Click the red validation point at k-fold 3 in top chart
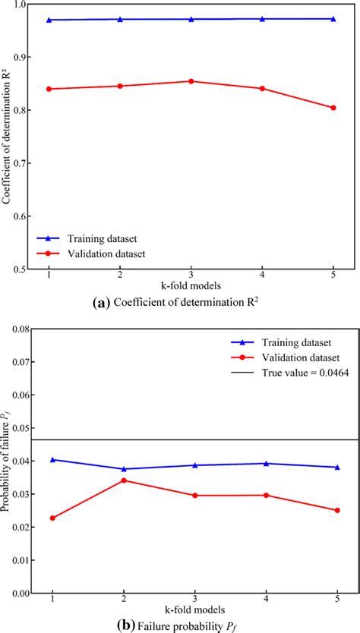(191, 81)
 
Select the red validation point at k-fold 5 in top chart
(333, 108)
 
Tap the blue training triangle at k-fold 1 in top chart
(49, 20)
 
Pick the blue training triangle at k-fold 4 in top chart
(262, 19)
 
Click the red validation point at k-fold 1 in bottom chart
(52, 518)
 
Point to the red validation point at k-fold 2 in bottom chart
(123, 480)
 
